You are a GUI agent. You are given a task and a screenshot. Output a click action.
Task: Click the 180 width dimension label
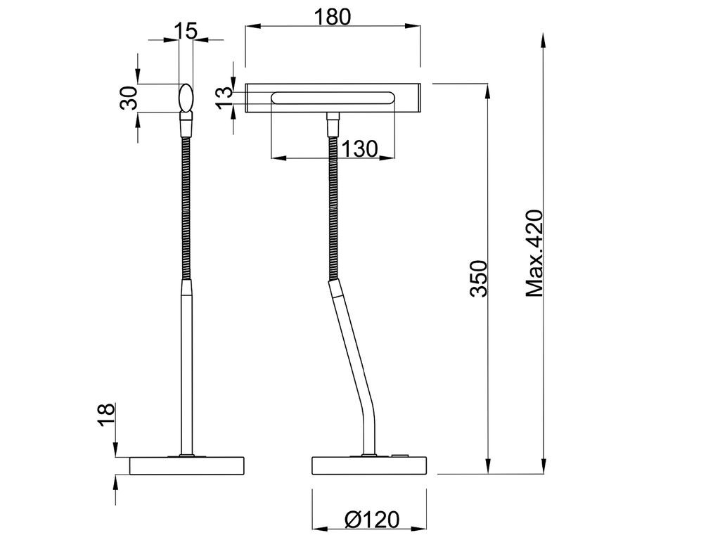tap(333, 17)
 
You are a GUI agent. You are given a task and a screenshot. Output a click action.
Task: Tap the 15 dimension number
tap(186, 31)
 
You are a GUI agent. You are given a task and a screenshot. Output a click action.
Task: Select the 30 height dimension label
tap(129, 98)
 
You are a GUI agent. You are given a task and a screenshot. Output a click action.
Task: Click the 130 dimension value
tap(360, 149)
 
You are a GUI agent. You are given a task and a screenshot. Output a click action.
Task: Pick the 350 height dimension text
tap(478, 278)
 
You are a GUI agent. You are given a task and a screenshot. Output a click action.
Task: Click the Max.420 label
tap(534, 253)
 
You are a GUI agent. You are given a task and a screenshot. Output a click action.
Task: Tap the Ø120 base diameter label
tap(372, 520)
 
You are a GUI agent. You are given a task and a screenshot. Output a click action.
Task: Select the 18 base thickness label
tap(106, 415)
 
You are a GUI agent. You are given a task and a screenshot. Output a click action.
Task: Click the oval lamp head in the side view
tap(186, 97)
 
